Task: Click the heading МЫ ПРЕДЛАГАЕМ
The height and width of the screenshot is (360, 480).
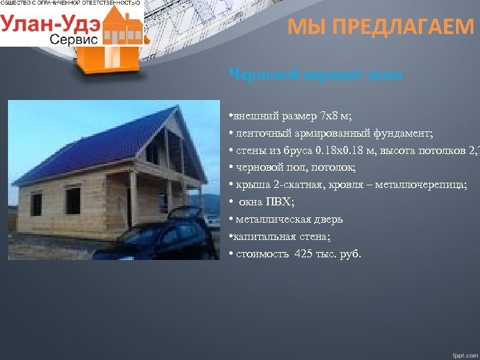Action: click(381, 27)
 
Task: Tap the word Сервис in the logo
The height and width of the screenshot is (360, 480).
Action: click(73, 39)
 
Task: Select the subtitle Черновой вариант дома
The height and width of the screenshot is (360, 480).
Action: click(315, 75)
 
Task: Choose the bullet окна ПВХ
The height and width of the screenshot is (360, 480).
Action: click(262, 201)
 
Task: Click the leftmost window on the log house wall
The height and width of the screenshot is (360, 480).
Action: click(36, 204)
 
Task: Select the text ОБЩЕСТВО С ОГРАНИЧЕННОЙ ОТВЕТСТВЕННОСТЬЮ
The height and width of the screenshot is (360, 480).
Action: click(71, 4)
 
